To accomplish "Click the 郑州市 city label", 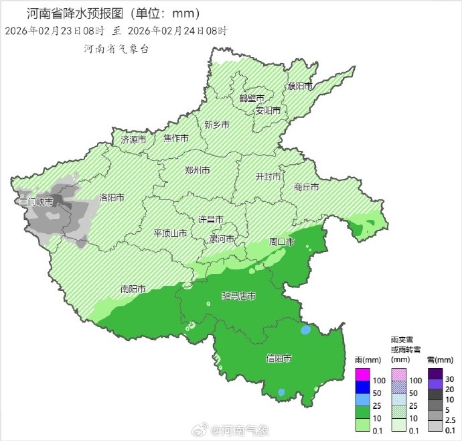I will [x=198, y=170].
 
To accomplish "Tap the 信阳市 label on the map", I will [x=279, y=359].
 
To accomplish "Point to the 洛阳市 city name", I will [x=112, y=198].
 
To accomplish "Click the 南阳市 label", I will [x=133, y=289].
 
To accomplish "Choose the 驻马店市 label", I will [x=238, y=296].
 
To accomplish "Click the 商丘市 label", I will [x=307, y=188].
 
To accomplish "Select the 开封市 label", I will [x=268, y=176].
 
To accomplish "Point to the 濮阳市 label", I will [x=300, y=86].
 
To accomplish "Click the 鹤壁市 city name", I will [x=251, y=99].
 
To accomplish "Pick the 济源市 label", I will [x=133, y=140].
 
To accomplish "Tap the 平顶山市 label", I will [x=170, y=233].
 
